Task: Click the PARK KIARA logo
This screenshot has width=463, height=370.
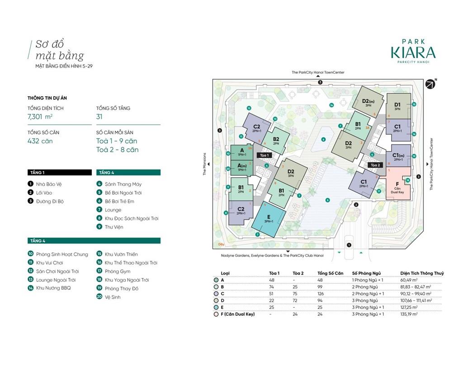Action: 413,51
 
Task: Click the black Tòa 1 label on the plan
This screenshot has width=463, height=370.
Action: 264,155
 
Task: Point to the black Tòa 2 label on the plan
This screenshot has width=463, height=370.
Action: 375,165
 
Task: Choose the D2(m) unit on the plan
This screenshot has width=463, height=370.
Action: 369,103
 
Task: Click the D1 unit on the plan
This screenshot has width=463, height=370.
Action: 397,106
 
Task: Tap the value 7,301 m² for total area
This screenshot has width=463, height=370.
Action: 40,117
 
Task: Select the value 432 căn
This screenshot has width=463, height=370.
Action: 40,141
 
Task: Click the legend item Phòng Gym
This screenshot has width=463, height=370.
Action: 117,271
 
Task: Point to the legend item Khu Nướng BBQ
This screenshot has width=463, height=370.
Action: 53,288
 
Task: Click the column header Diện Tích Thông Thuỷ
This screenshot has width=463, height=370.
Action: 422,273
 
